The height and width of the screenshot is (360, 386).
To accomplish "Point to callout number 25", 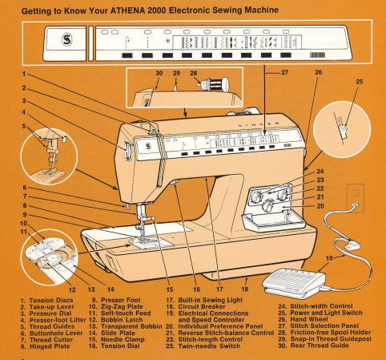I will pyautogui.click(x=359, y=82).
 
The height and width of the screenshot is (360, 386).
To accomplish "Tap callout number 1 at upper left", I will pyautogui.click(x=24, y=75).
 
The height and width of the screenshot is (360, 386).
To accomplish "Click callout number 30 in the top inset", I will pyautogui.click(x=159, y=73).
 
